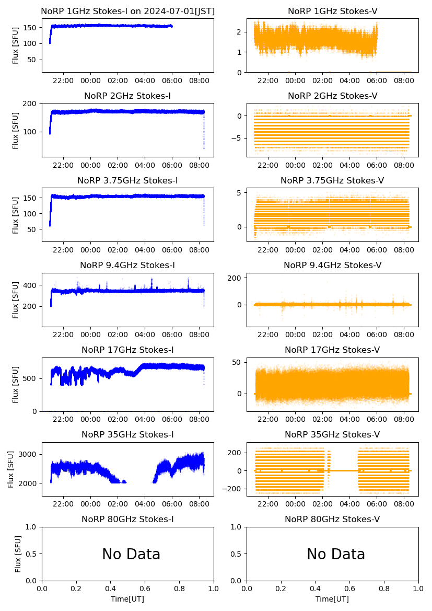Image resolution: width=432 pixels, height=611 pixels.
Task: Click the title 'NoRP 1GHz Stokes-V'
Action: click(x=332, y=11)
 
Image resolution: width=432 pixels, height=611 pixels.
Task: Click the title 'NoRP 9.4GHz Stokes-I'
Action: click(x=127, y=266)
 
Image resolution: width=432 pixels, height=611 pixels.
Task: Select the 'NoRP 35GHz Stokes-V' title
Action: click(x=332, y=435)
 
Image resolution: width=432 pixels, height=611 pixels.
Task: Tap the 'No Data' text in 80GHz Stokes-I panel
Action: click(x=131, y=554)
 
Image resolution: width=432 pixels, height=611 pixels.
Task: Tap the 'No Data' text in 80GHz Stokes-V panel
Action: click(x=336, y=554)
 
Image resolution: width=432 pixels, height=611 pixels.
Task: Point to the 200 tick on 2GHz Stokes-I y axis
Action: click(x=32, y=103)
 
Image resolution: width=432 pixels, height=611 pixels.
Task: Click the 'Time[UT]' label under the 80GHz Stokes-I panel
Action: click(x=127, y=599)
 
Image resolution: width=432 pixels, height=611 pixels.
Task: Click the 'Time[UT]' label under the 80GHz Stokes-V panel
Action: click(x=332, y=599)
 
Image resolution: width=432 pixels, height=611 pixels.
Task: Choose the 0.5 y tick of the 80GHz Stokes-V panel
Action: click(x=237, y=554)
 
